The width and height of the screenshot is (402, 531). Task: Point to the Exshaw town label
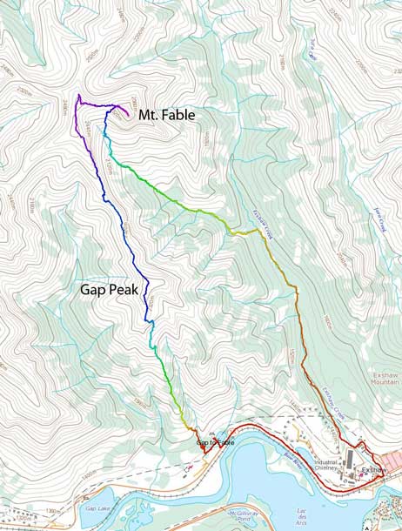pos(372,469)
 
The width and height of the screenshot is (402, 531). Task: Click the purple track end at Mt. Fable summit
pos(129,115)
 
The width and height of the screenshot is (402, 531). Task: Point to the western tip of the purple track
pos(77,95)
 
